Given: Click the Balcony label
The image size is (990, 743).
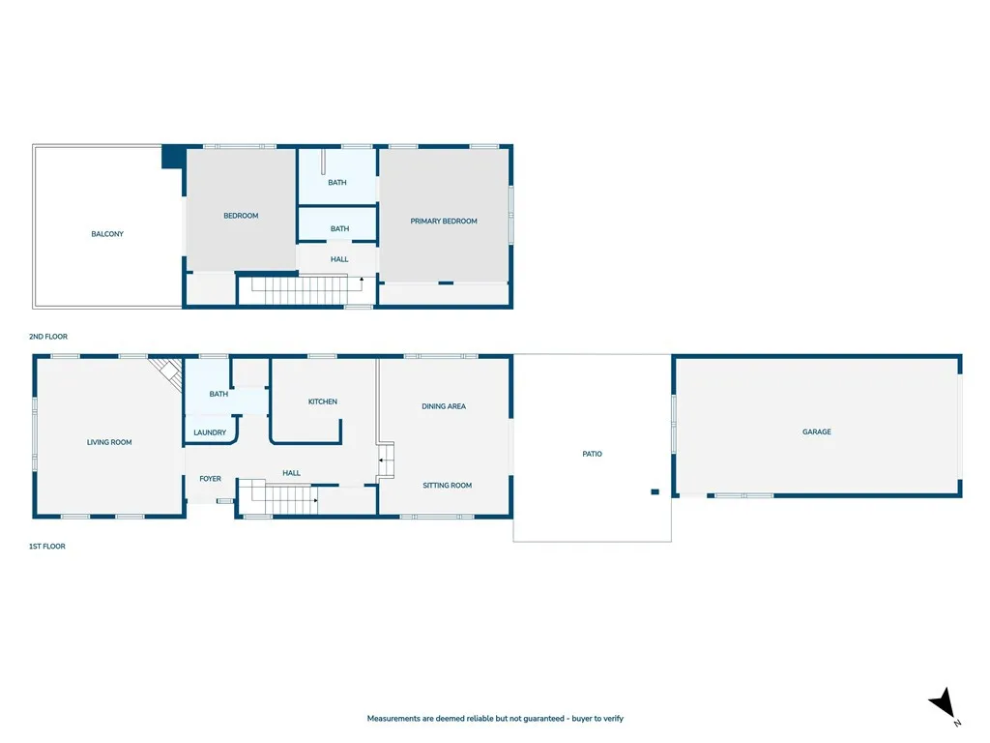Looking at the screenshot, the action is (x=107, y=234).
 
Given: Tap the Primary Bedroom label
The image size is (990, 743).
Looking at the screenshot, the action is (x=444, y=222).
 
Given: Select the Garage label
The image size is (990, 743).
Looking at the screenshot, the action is (x=816, y=432).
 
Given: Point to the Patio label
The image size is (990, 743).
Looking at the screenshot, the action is (x=593, y=454).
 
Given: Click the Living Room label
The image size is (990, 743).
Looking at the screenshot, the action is (x=109, y=442).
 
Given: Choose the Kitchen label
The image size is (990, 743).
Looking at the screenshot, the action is (x=323, y=401).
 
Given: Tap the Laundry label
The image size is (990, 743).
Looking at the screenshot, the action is (x=210, y=432).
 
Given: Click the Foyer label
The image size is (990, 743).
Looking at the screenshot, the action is (x=210, y=479).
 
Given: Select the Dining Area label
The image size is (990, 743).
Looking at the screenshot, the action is (x=444, y=406).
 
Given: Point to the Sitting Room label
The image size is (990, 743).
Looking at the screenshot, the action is (x=447, y=486).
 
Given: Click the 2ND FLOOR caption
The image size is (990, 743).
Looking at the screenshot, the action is (x=48, y=337).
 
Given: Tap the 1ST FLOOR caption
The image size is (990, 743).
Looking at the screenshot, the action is (x=46, y=547).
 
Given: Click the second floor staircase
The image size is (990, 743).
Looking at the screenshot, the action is (x=300, y=290).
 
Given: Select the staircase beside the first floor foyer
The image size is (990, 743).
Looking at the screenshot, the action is (x=277, y=497).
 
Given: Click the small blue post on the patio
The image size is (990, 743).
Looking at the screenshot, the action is (x=655, y=491).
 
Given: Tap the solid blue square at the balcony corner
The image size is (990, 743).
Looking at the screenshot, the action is (x=173, y=157).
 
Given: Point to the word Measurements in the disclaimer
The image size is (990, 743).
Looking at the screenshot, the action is (x=394, y=719).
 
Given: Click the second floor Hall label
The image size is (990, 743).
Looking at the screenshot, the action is (x=339, y=259).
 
